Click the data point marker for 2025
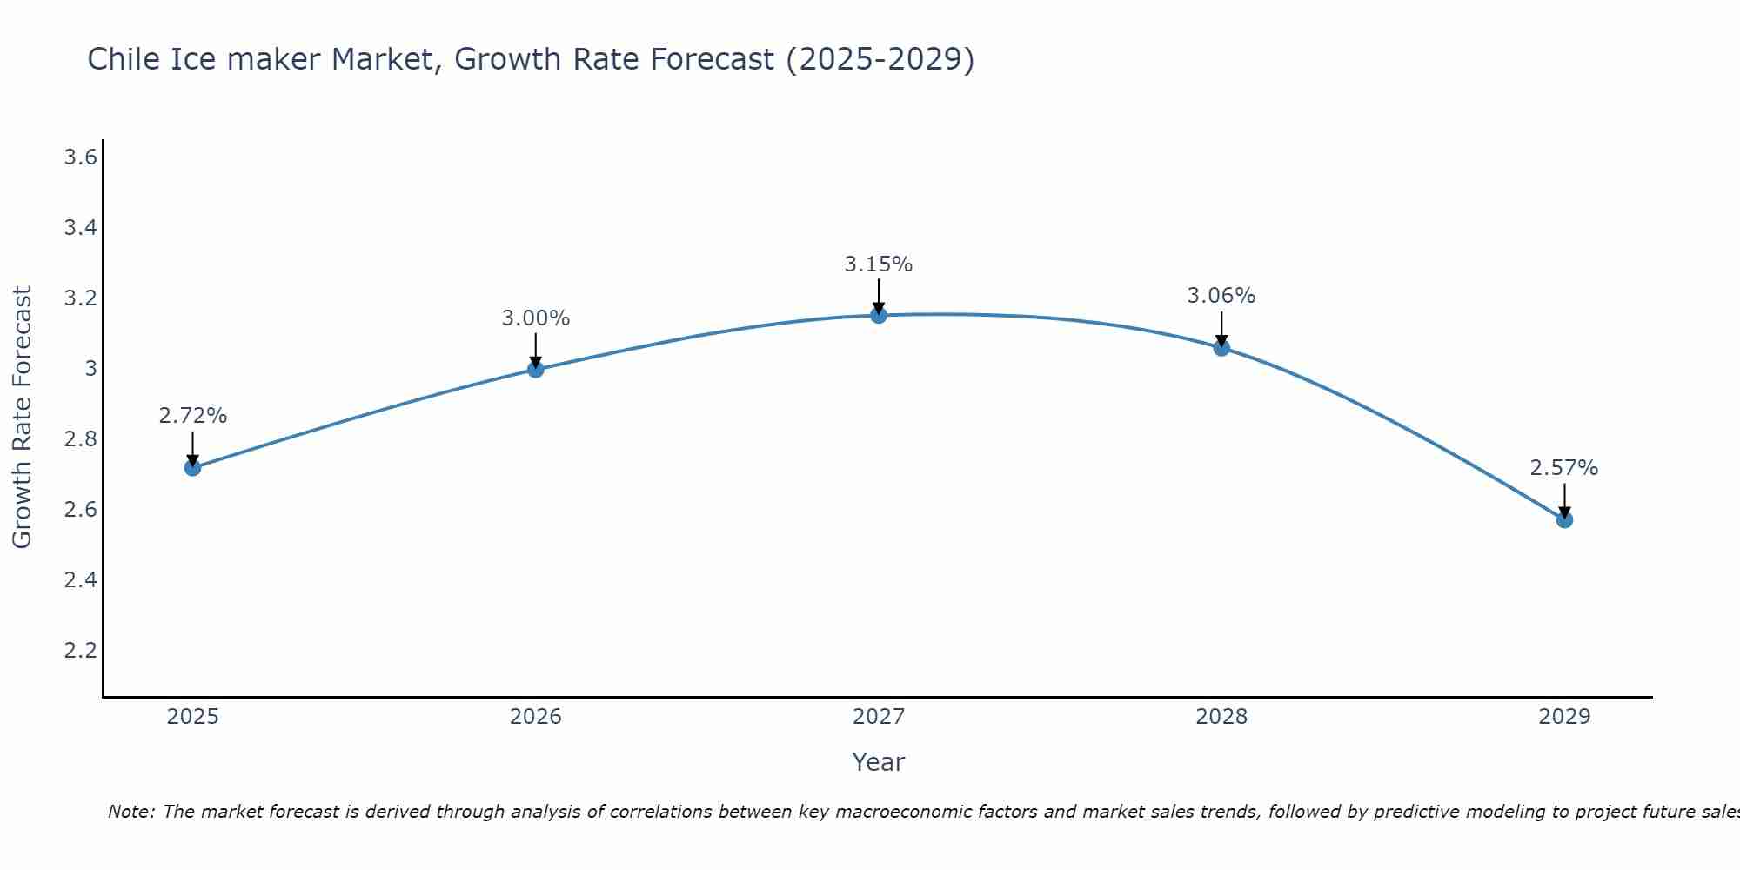(x=192, y=468)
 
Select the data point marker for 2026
(x=535, y=370)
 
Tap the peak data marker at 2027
(x=879, y=315)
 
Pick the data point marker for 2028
(x=1221, y=348)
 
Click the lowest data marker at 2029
(x=1564, y=520)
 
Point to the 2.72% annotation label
(x=192, y=416)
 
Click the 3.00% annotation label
(x=535, y=318)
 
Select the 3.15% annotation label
(x=879, y=264)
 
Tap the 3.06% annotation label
(x=1221, y=296)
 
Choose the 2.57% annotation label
(x=1564, y=468)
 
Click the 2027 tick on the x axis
(x=879, y=717)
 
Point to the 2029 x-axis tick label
(x=1564, y=717)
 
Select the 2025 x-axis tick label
(x=192, y=717)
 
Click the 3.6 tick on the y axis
(x=80, y=157)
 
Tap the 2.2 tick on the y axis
(x=80, y=650)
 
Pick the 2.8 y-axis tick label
(x=80, y=438)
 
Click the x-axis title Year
(x=879, y=762)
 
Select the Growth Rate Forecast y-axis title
(x=22, y=418)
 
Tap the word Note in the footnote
(x=130, y=812)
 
